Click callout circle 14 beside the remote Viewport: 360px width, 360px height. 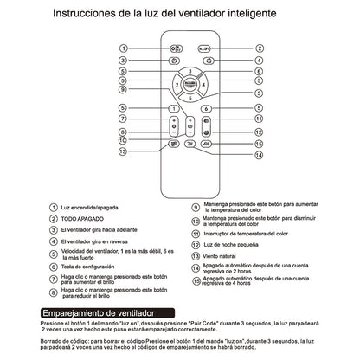click(x=234, y=156)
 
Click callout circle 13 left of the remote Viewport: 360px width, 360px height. click(x=124, y=151)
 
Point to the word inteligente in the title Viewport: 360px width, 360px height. click(x=257, y=15)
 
